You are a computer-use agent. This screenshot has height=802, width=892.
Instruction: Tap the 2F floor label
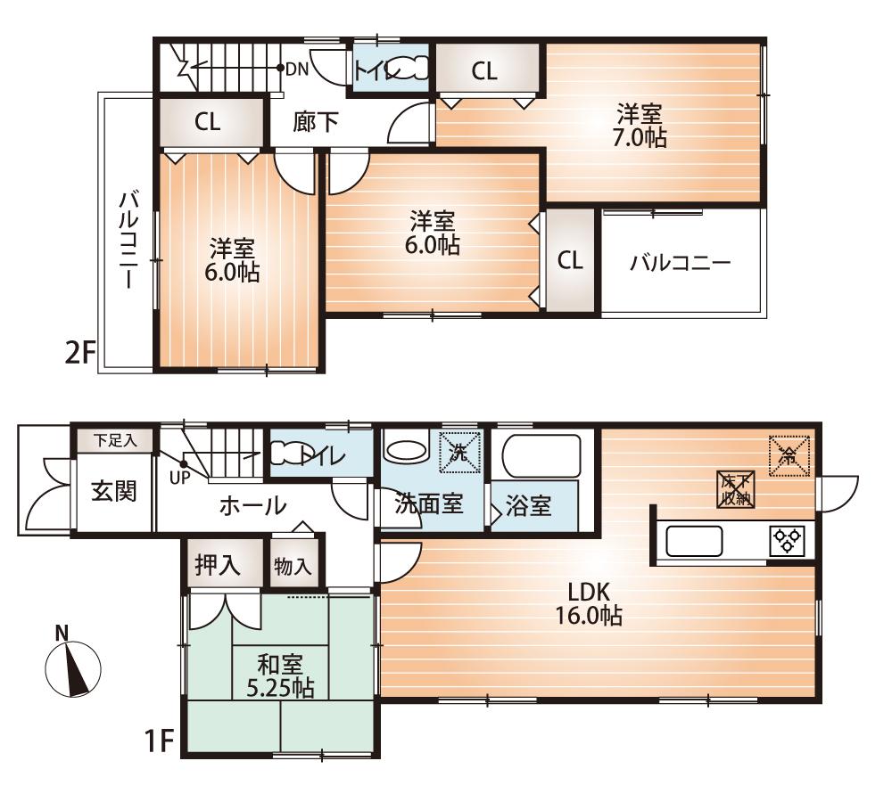click(79, 354)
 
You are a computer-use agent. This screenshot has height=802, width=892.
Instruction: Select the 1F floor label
click(160, 741)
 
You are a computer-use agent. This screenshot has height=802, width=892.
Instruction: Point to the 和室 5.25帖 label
click(279, 675)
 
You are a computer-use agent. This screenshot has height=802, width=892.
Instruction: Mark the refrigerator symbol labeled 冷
click(789, 455)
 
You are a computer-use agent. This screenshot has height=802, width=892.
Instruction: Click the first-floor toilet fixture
click(289, 455)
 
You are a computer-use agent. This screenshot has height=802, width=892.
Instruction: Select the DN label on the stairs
click(297, 69)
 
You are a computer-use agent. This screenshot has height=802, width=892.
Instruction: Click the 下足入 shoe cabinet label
click(113, 439)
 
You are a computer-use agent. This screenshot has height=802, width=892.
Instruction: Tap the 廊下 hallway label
click(316, 122)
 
